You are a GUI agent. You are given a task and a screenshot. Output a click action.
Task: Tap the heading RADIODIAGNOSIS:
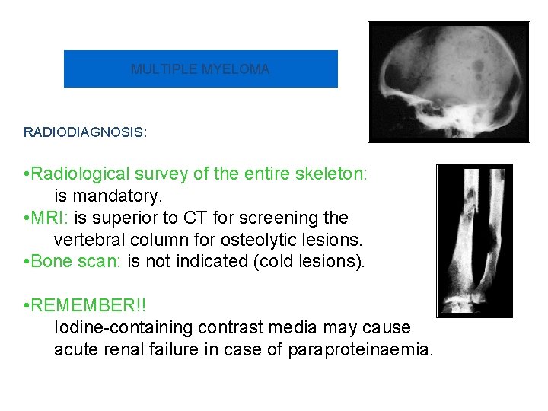tap(85, 132)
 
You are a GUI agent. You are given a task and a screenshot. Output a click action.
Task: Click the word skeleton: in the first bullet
tap(332, 174)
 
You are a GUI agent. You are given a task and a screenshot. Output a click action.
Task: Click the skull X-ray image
tap(448, 81)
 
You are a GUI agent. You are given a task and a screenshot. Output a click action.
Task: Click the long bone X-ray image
tap(474, 240)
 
